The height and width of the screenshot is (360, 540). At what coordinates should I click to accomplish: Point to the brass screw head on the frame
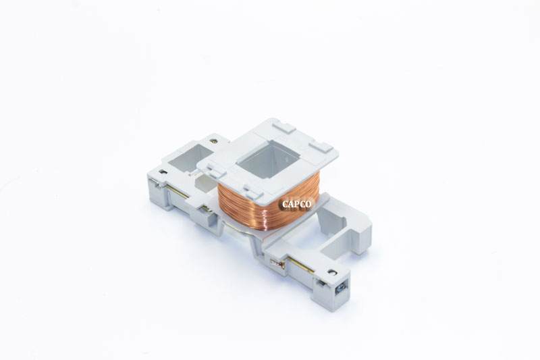[x=214, y=141]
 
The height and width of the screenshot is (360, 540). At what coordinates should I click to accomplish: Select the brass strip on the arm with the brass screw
[x=180, y=193]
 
